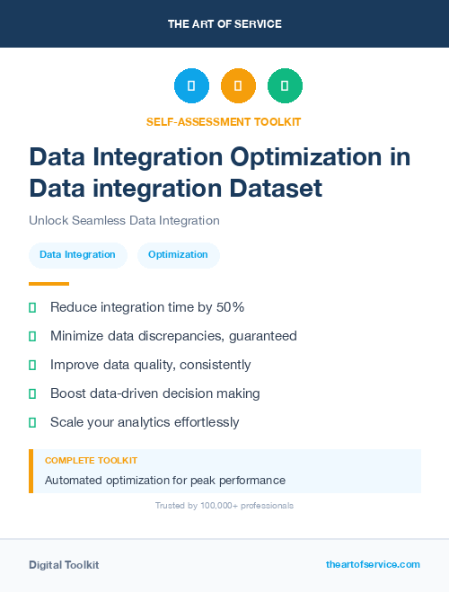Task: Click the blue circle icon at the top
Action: coord(191,86)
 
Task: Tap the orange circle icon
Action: coord(238,86)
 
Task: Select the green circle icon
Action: coord(285,86)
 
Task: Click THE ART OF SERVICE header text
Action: coord(224,24)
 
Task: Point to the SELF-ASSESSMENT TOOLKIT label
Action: coord(224,121)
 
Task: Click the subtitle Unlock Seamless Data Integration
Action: coord(124,220)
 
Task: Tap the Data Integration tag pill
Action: coord(78,254)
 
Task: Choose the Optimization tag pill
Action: coord(178,254)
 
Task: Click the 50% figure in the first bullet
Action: coord(231,307)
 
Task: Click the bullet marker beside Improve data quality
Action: coord(32,365)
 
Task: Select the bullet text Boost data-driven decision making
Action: coord(154,393)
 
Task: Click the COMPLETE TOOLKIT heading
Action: coord(91,460)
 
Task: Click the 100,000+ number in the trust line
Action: coord(211,506)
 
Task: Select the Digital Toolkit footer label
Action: coord(64,565)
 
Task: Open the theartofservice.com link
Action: coord(373,564)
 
